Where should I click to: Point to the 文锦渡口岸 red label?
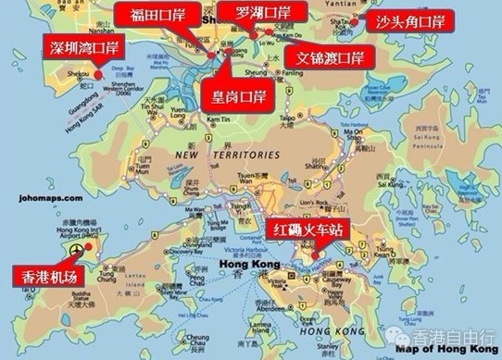point(323,56)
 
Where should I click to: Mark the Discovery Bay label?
point(186,251)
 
